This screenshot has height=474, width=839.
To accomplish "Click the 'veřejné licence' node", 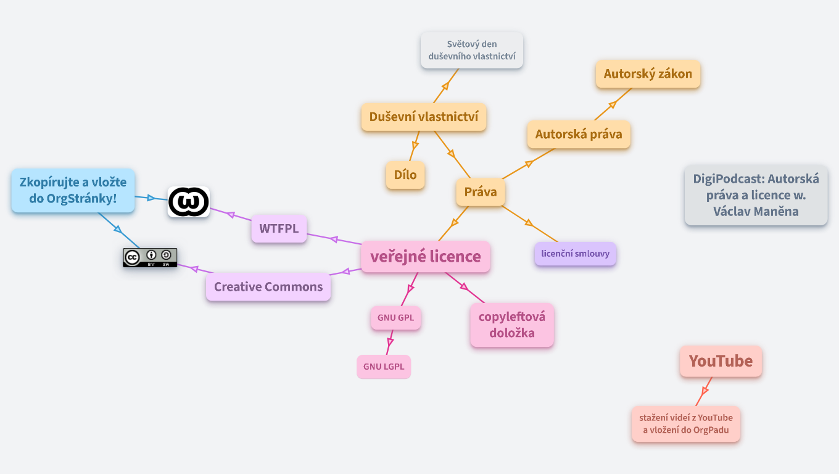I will click(x=425, y=257).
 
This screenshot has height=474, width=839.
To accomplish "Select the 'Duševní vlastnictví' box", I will click(x=424, y=117).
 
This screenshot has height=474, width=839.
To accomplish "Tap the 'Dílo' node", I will click(x=405, y=175).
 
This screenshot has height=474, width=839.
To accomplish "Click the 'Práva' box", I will click(x=481, y=192).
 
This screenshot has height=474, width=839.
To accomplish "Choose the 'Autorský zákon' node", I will click(x=648, y=74).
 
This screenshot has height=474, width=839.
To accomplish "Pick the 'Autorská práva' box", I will click(x=579, y=135).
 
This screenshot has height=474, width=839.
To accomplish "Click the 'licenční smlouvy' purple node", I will click(x=575, y=254).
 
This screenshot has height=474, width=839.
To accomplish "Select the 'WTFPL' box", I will click(x=279, y=229).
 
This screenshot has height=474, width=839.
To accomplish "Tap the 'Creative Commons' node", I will click(x=268, y=287).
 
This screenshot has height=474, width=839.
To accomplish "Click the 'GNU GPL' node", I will click(x=395, y=318).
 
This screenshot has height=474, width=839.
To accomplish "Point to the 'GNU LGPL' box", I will click(x=384, y=367).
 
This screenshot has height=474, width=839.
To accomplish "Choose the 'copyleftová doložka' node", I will click(x=512, y=325).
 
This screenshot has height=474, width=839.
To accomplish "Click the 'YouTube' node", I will click(x=721, y=361).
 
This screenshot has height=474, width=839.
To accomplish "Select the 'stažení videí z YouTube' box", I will click(x=686, y=424).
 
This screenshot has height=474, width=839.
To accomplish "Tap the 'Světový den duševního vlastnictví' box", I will click(x=472, y=51).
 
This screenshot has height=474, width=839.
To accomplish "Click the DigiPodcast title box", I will click(x=756, y=195).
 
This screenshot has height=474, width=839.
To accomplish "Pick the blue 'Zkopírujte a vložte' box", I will click(x=73, y=191).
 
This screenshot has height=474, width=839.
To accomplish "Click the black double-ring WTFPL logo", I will click(x=189, y=202).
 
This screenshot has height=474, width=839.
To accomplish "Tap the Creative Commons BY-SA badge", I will click(x=150, y=257).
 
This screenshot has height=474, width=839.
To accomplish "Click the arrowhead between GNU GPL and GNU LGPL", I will click(x=390, y=341).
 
